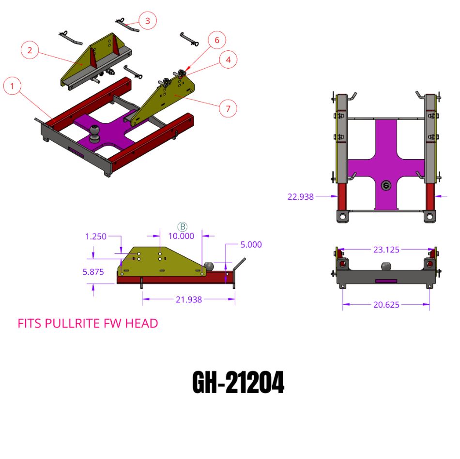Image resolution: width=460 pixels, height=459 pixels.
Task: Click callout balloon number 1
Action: (x=12, y=87)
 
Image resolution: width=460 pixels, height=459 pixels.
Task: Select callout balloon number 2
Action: (x=30, y=50)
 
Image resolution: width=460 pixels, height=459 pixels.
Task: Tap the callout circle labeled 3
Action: (x=148, y=21)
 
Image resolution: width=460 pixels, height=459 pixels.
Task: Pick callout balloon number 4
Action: (x=228, y=60)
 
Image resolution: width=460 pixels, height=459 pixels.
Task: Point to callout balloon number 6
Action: (x=216, y=40)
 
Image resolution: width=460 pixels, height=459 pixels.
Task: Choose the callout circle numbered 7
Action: (x=228, y=108)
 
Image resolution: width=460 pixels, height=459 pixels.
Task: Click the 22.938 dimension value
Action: (x=300, y=197)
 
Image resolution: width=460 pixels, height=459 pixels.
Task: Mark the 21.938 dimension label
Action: (x=189, y=300)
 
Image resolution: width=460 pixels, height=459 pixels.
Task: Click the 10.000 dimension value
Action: (x=181, y=236)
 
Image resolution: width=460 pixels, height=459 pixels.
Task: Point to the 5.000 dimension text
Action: (x=251, y=244)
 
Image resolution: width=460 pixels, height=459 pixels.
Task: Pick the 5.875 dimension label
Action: (x=94, y=272)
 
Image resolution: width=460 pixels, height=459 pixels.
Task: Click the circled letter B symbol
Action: (x=183, y=226)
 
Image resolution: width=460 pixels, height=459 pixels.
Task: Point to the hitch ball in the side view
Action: (x=209, y=266)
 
